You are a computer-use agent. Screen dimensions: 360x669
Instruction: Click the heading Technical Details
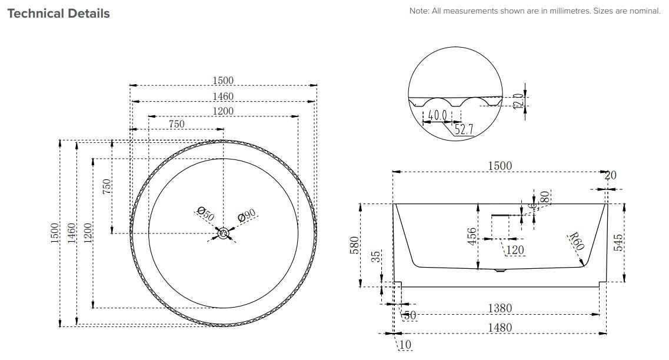point(58,14)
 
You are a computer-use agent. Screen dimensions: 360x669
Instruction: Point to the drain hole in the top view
point(224,234)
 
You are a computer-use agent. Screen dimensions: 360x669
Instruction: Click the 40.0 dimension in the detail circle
point(437,116)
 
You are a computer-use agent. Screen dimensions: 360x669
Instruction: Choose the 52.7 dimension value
point(463,129)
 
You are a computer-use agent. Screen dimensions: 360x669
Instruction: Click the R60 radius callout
point(576,241)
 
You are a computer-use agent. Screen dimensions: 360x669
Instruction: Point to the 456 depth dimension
point(471,236)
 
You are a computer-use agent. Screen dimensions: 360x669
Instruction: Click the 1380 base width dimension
point(500,308)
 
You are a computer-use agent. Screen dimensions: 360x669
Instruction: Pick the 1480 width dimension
point(500,327)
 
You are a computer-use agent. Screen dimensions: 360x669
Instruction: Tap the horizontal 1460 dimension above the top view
point(223,96)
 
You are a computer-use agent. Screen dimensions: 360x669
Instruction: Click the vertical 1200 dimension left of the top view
point(88,234)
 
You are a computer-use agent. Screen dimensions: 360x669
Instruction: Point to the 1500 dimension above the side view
point(500,166)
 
